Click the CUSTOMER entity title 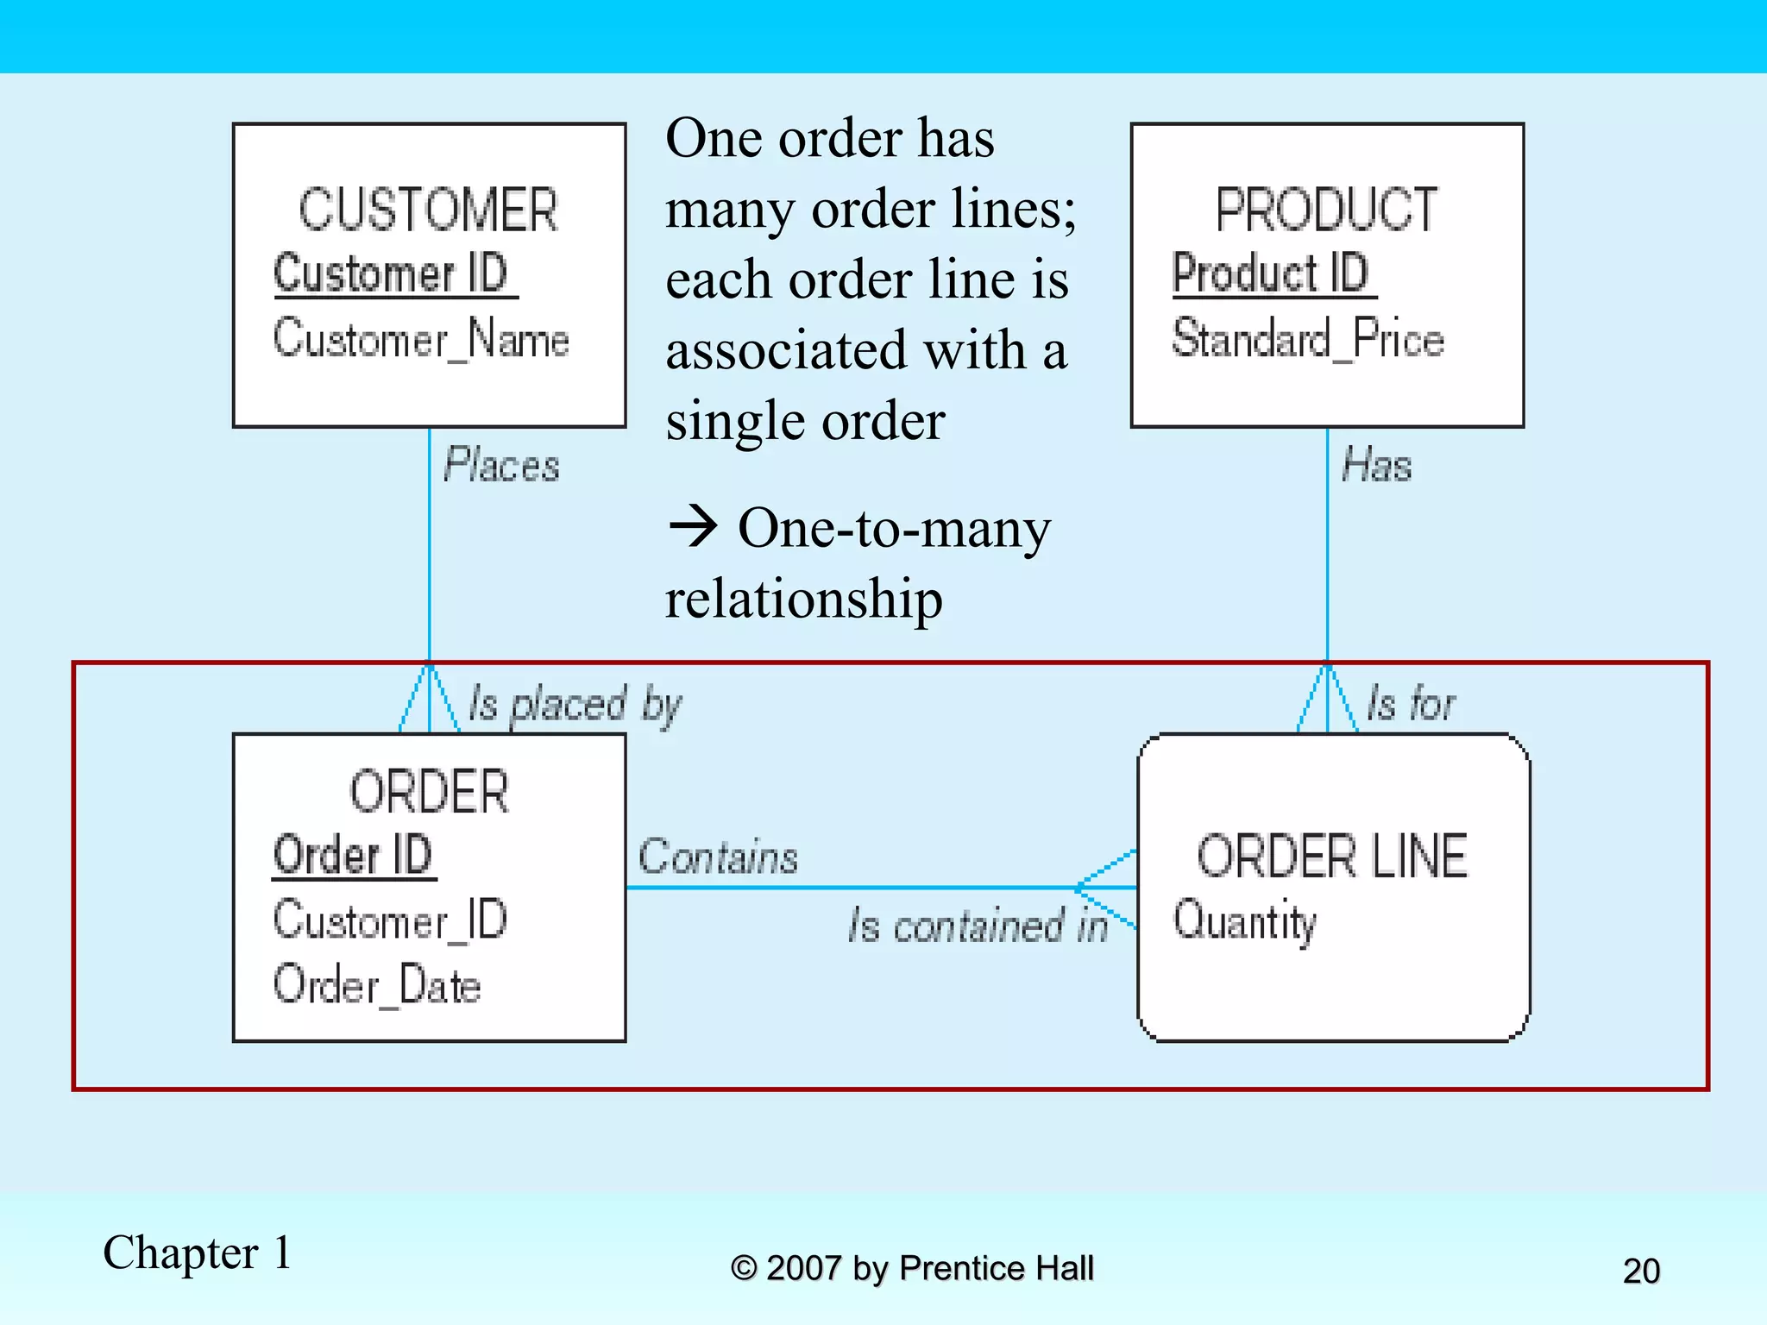428,210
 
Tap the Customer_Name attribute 421,338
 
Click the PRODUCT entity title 1326,210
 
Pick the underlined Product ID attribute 1271,273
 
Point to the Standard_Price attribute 1307,338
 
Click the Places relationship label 501,466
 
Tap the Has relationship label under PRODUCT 1377,466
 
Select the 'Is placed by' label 575,706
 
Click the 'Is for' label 1411,704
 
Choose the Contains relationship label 718,857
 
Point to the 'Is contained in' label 978,926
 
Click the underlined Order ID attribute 353,856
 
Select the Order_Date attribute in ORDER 377,985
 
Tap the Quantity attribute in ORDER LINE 1245,921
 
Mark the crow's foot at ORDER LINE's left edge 1106,888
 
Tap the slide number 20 1641,1271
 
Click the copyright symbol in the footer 744,1269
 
